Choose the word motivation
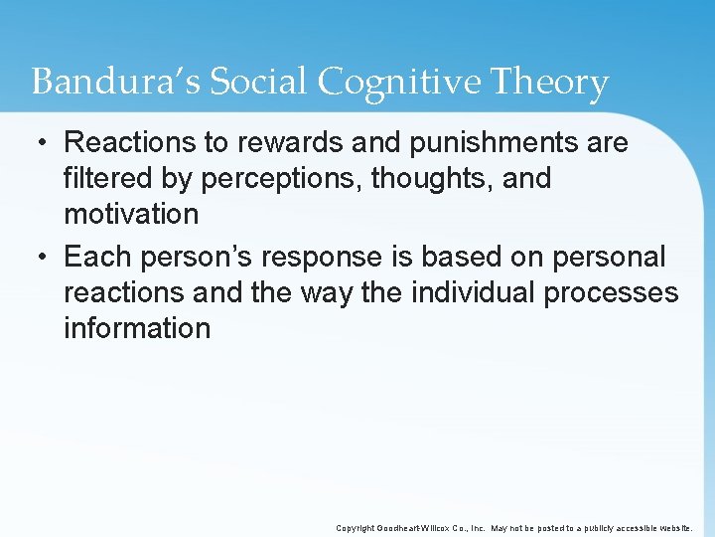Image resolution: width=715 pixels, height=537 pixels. click(x=131, y=215)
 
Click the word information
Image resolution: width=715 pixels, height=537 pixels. click(x=137, y=328)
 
